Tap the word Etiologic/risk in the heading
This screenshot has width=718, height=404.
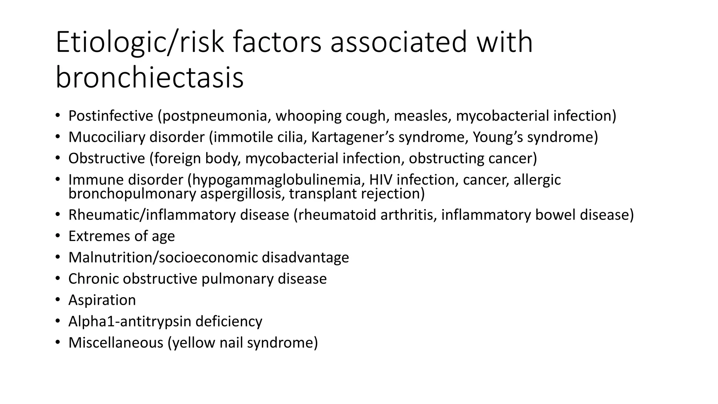pyautogui.click(x=140, y=42)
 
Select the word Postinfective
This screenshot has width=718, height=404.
pyautogui.click(x=111, y=116)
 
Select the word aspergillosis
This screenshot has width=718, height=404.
pyautogui.click(x=242, y=194)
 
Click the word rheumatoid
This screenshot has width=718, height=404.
pyautogui.click(x=338, y=215)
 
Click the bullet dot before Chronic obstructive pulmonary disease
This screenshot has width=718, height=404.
pyautogui.click(x=57, y=278)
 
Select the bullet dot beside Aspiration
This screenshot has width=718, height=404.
pyautogui.click(x=57, y=300)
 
